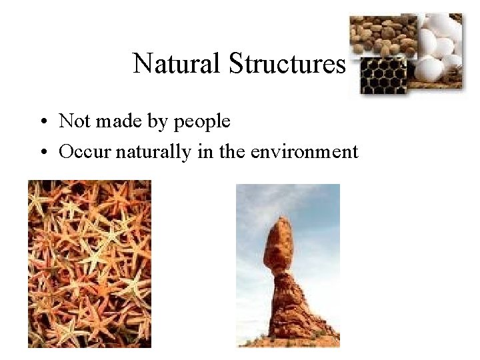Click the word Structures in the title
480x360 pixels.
click(x=287, y=63)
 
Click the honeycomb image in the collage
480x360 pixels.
click(x=380, y=75)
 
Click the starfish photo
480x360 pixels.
click(x=89, y=263)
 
